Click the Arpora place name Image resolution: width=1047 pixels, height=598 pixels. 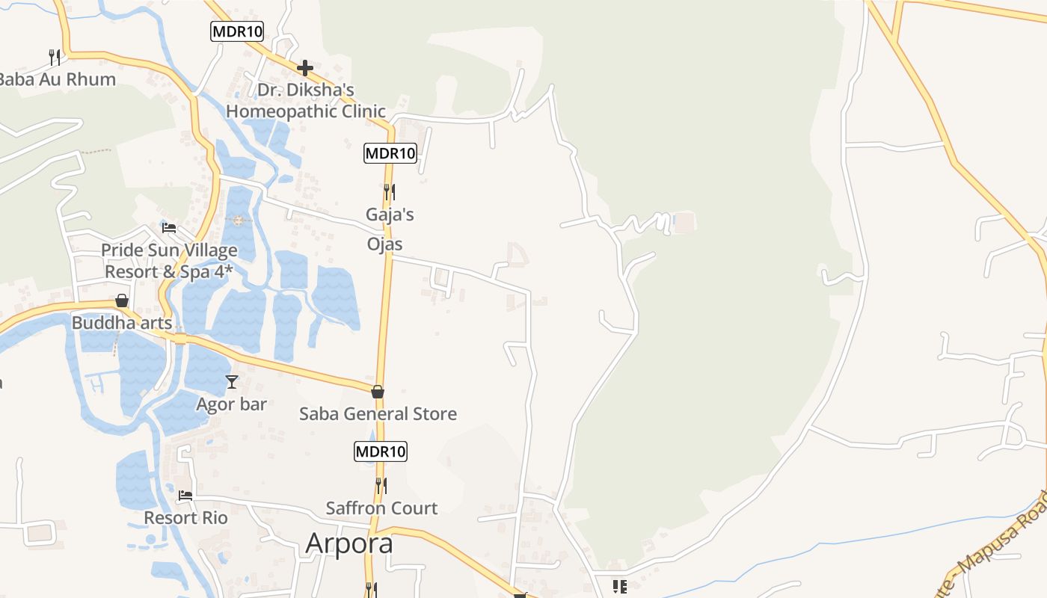[349, 543]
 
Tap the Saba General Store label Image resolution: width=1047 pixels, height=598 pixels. [378, 414]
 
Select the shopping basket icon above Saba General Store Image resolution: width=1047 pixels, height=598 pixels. [378, 392]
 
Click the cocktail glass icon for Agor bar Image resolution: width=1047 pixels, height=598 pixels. [232, 382]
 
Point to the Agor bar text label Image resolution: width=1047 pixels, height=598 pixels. [231, 404]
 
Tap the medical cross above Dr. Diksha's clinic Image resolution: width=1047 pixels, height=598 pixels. [305, 68]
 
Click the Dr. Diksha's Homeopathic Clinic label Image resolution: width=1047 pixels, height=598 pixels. [305, 100]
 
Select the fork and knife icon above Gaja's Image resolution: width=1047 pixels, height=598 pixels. [389, 192]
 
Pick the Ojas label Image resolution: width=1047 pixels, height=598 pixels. [384, 244]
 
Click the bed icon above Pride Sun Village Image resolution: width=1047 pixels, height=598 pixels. [169, 227]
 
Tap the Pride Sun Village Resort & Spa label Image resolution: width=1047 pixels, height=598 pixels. [171, 261]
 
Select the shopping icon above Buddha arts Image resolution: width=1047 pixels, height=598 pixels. [122, 300]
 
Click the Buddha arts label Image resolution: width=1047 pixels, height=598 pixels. [122, 323]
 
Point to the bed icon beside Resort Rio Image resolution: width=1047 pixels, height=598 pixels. [185, 495]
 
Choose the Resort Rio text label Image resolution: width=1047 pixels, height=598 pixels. [185, 517]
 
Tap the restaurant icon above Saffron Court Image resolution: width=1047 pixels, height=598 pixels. [381, 485]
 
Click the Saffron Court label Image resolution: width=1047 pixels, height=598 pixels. [381, 508]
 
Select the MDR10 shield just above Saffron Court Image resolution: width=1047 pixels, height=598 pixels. [381, 451]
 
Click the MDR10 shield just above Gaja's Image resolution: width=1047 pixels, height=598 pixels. [390, 154]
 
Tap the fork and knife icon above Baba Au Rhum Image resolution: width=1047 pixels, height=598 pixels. [55, 57]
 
